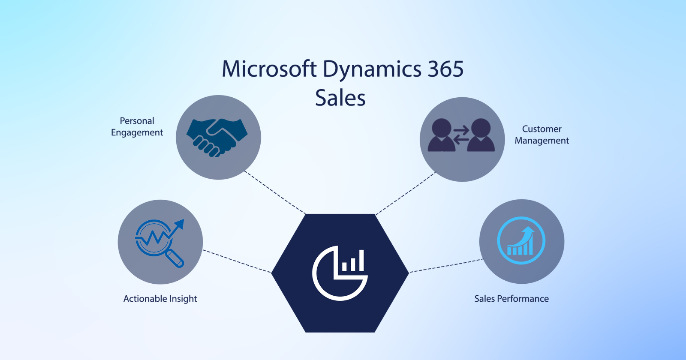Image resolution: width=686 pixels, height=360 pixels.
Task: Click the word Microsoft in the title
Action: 269,69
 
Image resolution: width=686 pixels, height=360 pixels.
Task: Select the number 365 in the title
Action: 445,69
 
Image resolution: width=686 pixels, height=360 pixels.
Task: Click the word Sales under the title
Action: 340,98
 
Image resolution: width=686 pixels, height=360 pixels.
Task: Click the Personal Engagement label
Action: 137,127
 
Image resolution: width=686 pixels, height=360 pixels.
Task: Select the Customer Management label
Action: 542,135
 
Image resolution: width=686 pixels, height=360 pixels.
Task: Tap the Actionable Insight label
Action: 160,299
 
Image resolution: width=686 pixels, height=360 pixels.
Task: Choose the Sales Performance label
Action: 511,299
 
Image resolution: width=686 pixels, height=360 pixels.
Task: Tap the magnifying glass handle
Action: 175,258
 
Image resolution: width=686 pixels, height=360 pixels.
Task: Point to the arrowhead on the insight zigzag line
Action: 180,224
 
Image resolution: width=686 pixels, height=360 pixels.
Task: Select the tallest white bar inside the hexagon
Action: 361,260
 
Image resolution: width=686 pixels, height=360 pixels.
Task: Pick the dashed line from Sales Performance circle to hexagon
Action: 446,266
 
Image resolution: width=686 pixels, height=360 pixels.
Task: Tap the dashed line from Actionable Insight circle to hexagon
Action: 237,261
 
